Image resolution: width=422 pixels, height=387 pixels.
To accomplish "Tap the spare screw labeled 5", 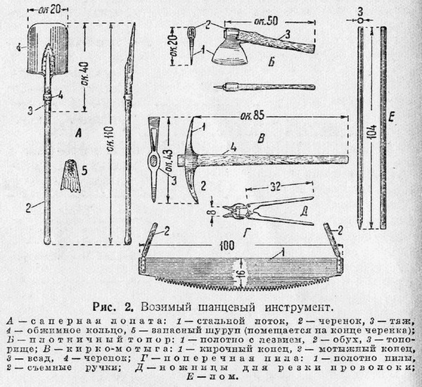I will click(71, 176).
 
